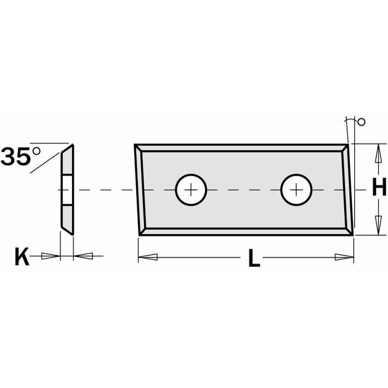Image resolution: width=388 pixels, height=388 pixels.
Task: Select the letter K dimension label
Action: (x=22, y=256)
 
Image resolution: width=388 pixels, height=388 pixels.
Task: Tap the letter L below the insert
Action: (x=253, y=259)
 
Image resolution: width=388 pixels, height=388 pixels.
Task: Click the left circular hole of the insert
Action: (x=192, y=190)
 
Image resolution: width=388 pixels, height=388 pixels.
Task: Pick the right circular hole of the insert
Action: (x=297, y=190)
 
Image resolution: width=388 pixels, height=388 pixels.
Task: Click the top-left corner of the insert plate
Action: (x=135, y=146)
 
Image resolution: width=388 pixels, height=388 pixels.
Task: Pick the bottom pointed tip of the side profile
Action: (x=72, y=235)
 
